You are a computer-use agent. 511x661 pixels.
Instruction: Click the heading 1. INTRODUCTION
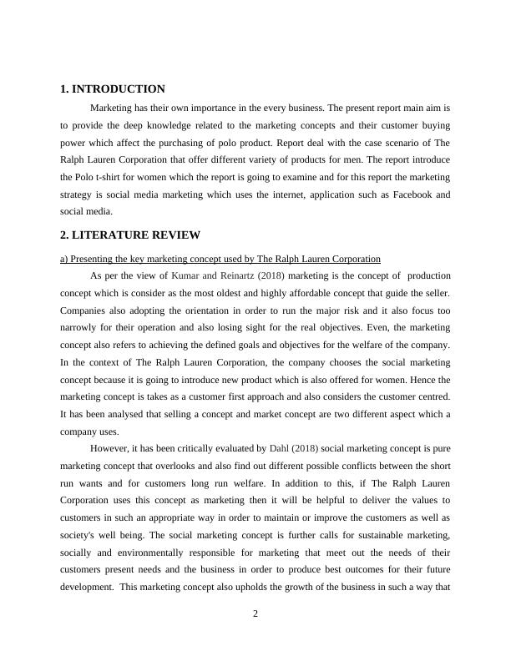(113, 89)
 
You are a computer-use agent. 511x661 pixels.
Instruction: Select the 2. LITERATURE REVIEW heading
(129, 235)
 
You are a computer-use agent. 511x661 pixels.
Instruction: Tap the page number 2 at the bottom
(255, 614)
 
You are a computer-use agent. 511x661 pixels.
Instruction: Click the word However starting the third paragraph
(109, 448)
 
